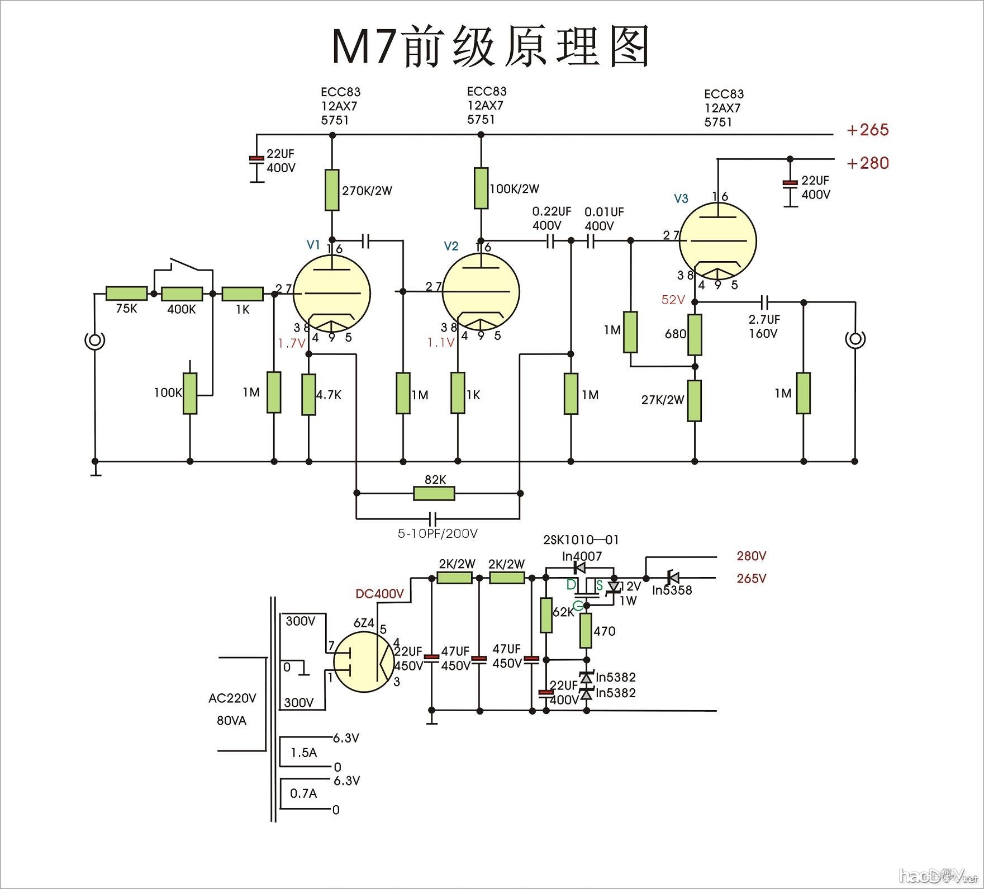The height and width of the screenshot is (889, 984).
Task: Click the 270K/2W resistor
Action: point(332,190)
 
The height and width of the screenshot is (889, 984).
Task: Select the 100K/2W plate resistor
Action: point(481,188)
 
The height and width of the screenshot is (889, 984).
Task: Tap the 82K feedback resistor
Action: point(434,493)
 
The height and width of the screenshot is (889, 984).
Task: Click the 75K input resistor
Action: point(126,294)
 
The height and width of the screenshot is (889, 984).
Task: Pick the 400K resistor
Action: point(182,294)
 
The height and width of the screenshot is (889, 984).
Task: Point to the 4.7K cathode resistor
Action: point(308,394)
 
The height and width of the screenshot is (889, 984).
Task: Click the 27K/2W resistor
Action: point(695,400)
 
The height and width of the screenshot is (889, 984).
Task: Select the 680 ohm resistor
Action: point(695,334)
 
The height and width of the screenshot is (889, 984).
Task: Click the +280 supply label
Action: point(867,163)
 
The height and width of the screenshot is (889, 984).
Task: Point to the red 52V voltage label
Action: point(673,300)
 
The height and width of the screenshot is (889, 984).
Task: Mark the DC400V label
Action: point(379,594)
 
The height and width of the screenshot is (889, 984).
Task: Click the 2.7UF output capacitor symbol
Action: point(765,302)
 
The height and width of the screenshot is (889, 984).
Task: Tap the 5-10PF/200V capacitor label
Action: point(438,534)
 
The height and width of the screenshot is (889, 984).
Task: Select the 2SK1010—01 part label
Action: point(581,540)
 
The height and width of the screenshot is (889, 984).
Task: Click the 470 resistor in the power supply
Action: point(586,630)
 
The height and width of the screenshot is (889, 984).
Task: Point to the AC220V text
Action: point(232,698)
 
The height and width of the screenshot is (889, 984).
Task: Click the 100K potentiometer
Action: point(190,394)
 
